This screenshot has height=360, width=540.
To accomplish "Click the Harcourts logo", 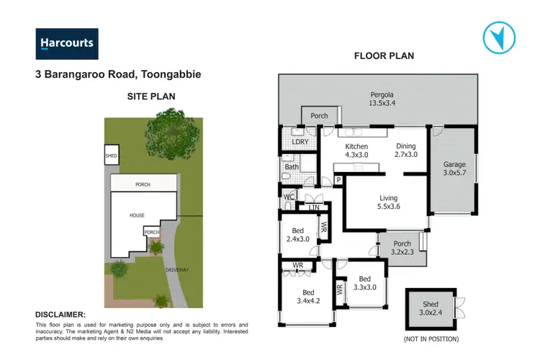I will tap(67, 43).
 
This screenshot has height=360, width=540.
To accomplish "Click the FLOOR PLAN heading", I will tap(384, 55).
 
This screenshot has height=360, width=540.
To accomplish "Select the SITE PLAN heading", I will tap(150, 95).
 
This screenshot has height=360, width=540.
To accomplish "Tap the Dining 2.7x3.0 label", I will tap(406, 150).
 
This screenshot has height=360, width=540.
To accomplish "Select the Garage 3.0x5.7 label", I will tap(454, 168).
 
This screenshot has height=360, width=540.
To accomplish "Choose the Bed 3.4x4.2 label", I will tap(307, 297).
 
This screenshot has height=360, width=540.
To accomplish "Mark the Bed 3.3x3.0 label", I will tap(364, 284).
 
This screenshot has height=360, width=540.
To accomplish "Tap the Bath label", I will tap(292, 168).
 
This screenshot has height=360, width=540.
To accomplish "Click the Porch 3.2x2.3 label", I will tap(402, 248).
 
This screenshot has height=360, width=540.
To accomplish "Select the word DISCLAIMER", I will tap(60, 315).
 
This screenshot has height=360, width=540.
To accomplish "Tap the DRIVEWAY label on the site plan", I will tap(177, 269).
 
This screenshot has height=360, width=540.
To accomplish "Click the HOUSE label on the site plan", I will tap(137, 215).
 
